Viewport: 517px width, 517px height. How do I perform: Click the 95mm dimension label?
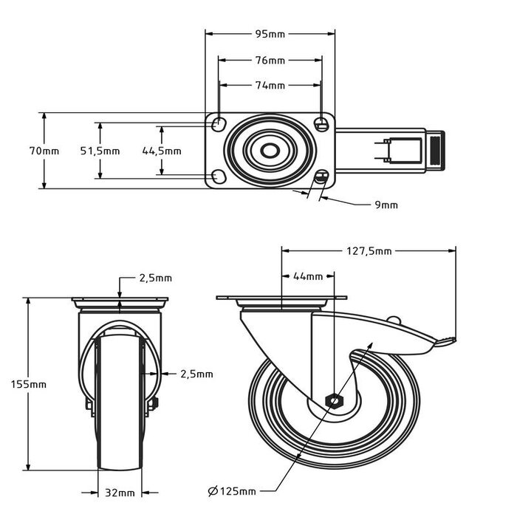(x=270, y=33)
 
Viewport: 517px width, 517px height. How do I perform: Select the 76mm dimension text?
(x=270, y=59)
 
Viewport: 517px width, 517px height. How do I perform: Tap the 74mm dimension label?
(x=270, y=86)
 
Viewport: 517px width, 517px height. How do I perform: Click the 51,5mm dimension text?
(x=100, y=151)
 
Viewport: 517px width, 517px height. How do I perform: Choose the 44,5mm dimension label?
(x=161, y=151)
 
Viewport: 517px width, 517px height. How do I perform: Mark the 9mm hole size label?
(x=386, y=205)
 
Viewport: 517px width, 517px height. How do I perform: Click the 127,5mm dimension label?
(x=369, y=251)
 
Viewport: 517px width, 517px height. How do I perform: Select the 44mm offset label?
(x=308, y=276)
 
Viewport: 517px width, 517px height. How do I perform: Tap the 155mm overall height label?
(x=29, y=384)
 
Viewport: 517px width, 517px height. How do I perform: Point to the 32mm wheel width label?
(x=120, y=492)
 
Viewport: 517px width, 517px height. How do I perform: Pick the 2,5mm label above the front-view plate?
(x=155, y=278)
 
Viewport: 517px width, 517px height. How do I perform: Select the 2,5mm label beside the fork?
(x=196, y=374)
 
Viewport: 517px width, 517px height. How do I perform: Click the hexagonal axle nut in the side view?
(x=334, y=401)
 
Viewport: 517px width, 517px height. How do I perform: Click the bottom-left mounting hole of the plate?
(x=217, y=176)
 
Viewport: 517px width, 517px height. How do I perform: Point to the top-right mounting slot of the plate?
(x=321, y=124)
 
